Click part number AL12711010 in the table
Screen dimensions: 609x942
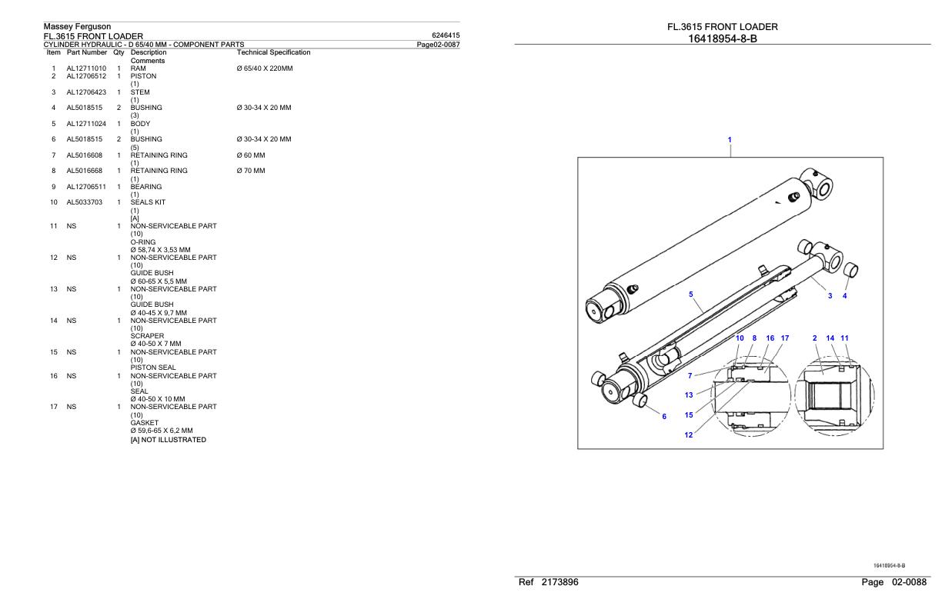[86, 68]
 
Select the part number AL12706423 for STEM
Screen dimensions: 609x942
[86, 92]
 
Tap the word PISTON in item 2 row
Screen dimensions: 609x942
[143, 76]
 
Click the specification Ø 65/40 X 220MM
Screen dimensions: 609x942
[266, 68]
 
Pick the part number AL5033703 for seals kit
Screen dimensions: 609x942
[86, 202]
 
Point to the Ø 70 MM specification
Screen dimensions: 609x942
[251, 171]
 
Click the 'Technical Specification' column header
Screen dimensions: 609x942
[274, 52]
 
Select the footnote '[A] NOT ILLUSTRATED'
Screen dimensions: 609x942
[168, 440]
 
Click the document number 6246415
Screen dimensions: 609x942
[446, 35]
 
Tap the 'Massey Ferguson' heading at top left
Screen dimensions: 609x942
[77, 27]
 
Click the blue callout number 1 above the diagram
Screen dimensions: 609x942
[730, 140]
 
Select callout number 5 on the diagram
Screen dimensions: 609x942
[690, 295]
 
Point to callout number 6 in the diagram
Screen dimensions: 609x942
[664, 417]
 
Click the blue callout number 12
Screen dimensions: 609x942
[689, 435]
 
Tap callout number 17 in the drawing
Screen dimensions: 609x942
[784, 338]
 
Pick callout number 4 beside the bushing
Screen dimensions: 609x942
[844, 296]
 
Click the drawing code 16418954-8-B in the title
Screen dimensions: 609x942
[722, 38]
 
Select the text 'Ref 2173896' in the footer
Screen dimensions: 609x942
[549, 582]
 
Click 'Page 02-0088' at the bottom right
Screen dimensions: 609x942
[894, 582]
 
